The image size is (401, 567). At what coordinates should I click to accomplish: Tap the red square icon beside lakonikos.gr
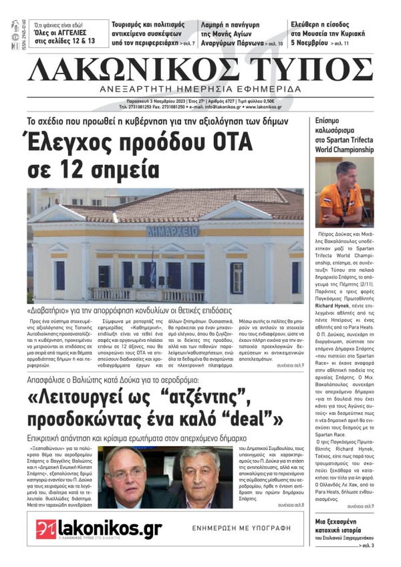(x=45, y=529)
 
